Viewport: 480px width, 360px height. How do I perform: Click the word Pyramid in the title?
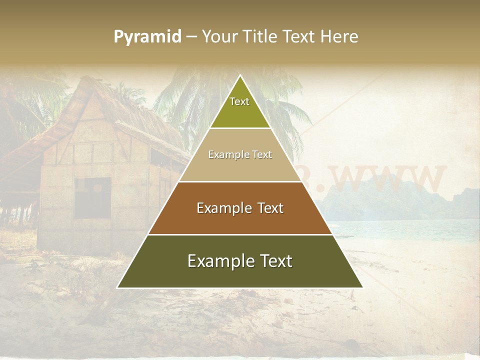[147, 37]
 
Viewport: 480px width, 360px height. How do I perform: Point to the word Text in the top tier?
[239, 101]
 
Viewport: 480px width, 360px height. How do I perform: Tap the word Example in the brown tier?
[218, 208]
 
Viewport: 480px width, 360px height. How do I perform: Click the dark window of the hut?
[93, 197]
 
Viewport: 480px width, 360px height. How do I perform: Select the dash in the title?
[191, 37]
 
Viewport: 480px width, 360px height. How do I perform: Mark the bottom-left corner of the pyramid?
[117, 287]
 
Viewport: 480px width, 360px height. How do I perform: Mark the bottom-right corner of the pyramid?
[362, 287]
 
